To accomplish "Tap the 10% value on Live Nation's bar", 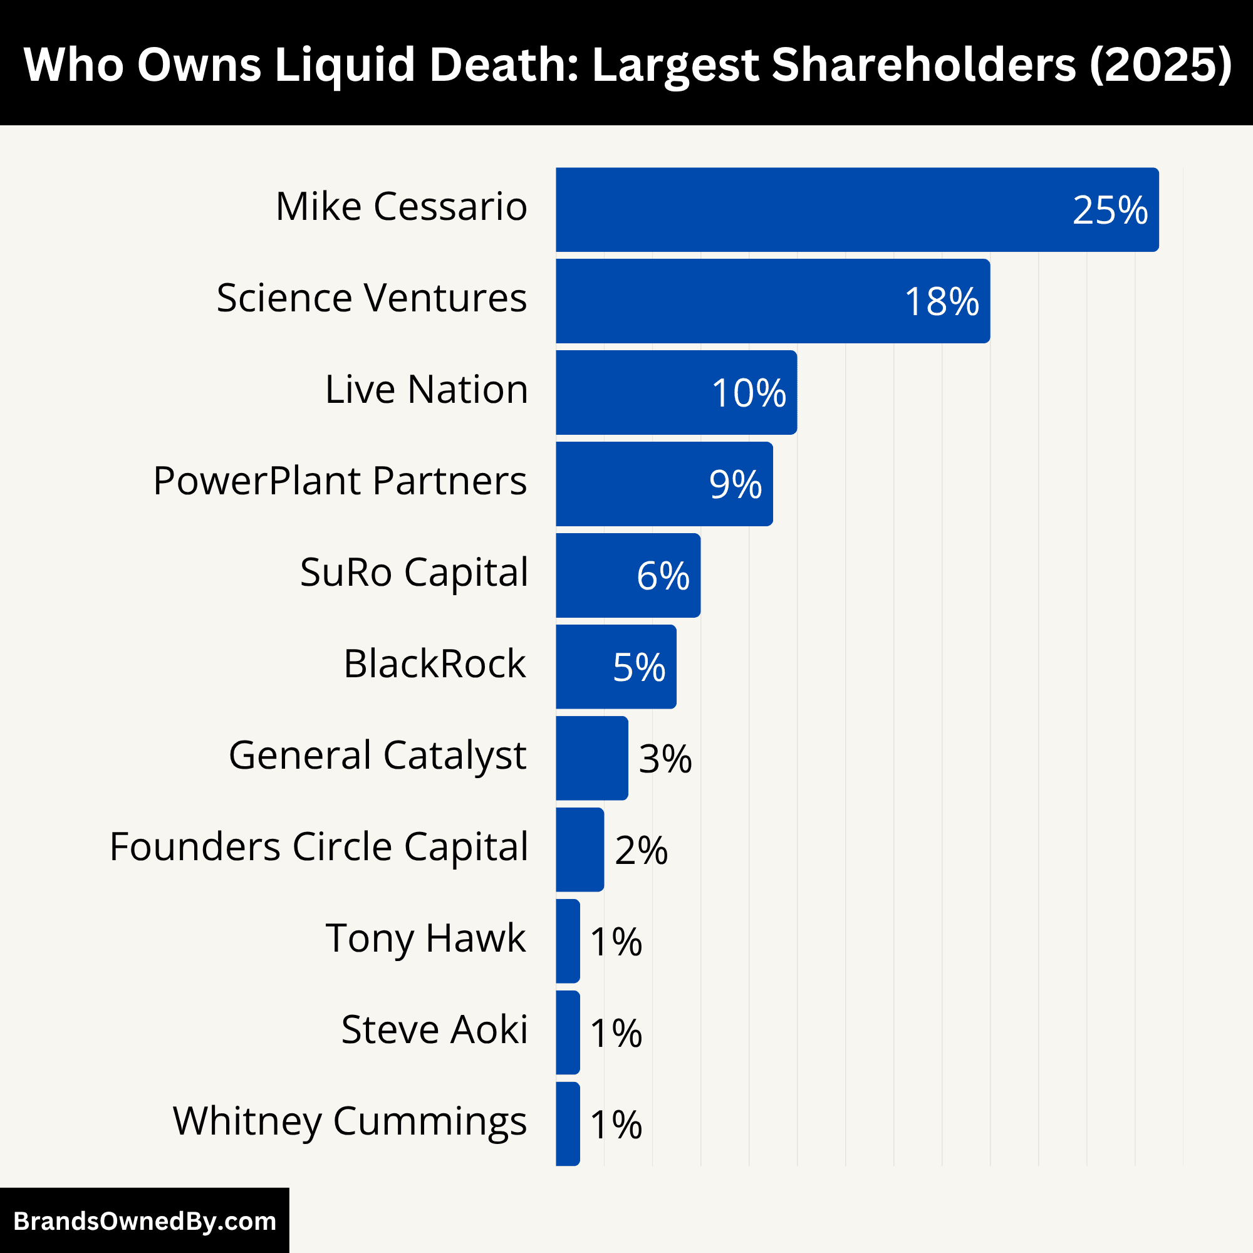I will (749, 393).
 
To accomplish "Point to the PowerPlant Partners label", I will (340, 481).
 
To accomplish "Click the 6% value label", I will (662, 576).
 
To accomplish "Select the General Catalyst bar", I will (591, 758).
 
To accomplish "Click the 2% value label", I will (641, 850).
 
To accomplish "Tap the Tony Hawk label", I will (425, 938).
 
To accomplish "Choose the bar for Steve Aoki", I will (568, 1032).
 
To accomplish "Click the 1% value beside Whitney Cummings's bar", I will (615, 1125).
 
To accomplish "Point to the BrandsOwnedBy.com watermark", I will (145, 1221).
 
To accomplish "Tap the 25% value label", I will (1110, 210).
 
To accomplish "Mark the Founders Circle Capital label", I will (318, 847).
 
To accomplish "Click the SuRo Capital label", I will (413, 573).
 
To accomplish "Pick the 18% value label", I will (941, 301).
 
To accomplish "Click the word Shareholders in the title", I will (923, 65).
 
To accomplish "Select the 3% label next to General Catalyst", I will (665, 759).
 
